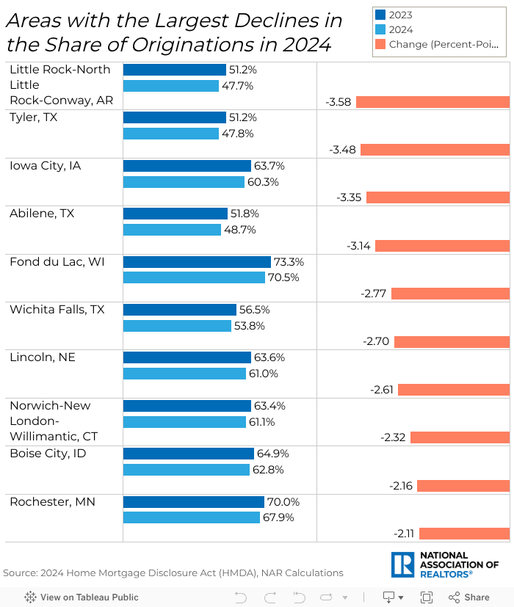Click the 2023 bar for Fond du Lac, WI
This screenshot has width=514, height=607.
197,262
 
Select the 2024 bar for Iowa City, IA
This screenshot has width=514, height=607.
184,182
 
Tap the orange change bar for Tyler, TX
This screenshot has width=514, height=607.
435,150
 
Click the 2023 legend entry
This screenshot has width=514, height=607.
401,15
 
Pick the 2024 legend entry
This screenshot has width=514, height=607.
401,29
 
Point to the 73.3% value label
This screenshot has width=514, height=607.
289,262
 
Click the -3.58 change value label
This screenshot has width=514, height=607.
339,102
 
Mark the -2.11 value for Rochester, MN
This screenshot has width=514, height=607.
403,534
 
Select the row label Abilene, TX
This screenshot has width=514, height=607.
42,214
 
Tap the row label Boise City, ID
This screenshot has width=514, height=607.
48,454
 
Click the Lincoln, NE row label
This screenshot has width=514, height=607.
43,357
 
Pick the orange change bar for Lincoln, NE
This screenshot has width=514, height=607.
454,390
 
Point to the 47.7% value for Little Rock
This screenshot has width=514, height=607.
237,86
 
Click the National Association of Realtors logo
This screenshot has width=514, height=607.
446,564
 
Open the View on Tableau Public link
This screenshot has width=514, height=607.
82,597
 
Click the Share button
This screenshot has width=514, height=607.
469,597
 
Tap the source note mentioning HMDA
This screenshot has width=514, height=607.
173,573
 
